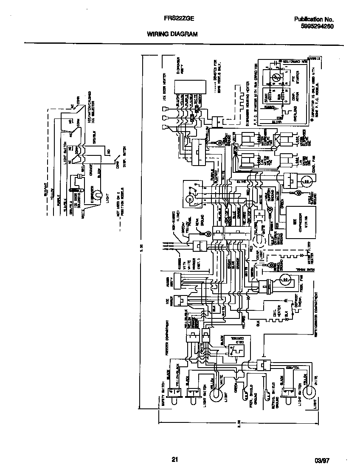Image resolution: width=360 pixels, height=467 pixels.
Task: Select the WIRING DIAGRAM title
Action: coord(172,34)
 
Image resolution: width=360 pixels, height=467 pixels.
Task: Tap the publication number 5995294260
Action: coord(314,26)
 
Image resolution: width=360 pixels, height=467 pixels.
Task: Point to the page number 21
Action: coord(174,459)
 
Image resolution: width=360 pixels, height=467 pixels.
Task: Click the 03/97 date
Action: coord(322,460)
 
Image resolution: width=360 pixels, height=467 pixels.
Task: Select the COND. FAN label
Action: coord(313,163)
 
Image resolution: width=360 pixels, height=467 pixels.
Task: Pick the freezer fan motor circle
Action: coord(285,280)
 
